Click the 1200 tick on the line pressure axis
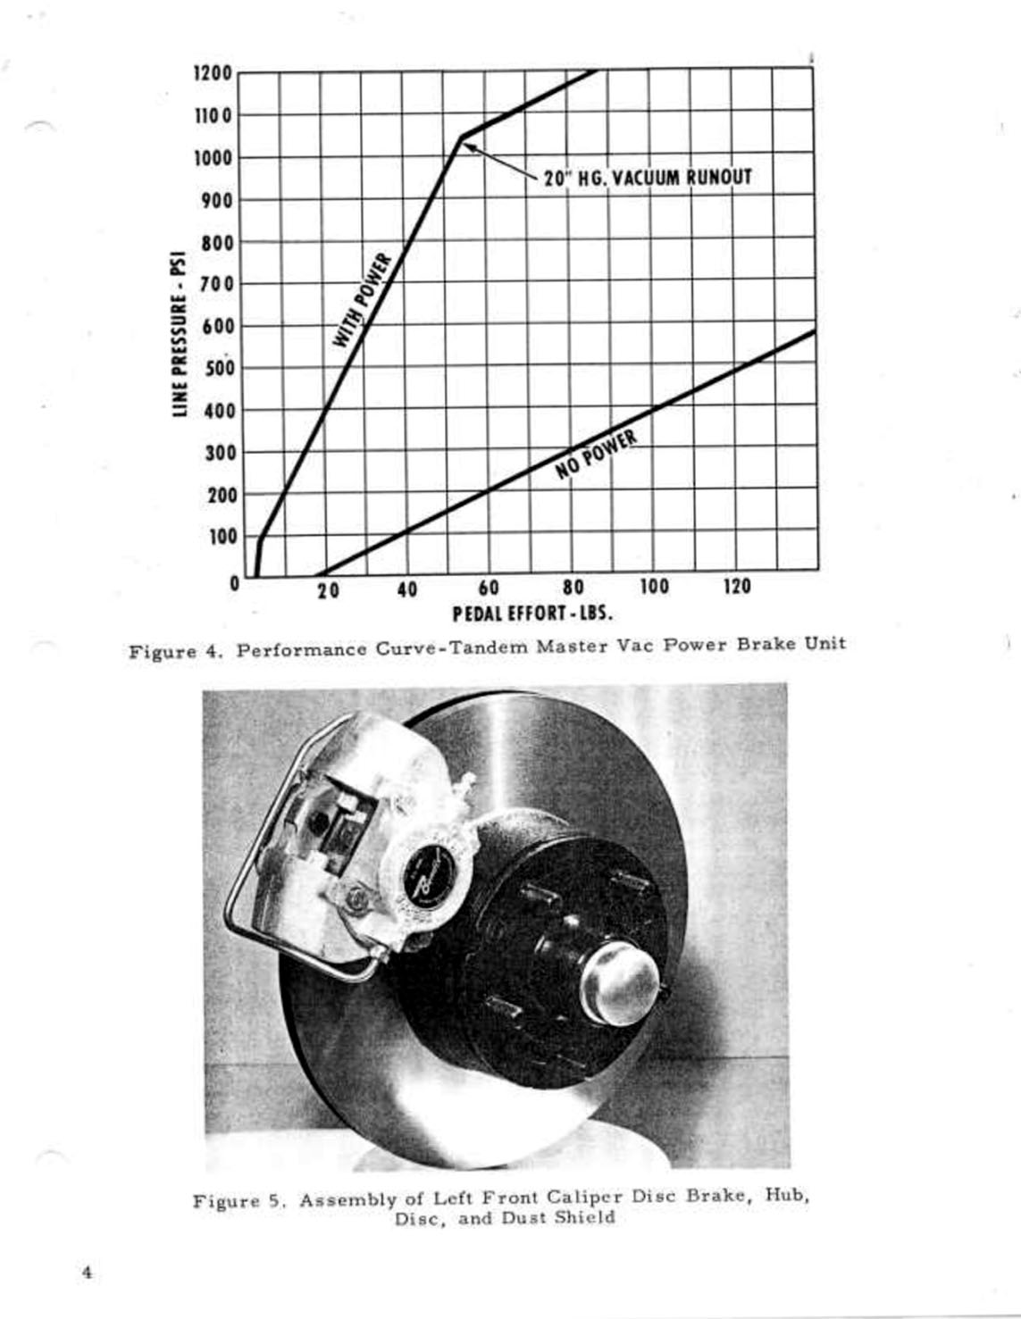point(213,72)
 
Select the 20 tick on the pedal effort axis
point(328,590)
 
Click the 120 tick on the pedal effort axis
point(737,587)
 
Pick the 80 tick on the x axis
point(573,589)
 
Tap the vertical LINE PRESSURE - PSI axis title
point(180,331)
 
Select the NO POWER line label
point(597,454)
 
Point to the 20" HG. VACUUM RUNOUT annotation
point(647,177)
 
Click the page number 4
point(87,1273)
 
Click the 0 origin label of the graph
point(234,583)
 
